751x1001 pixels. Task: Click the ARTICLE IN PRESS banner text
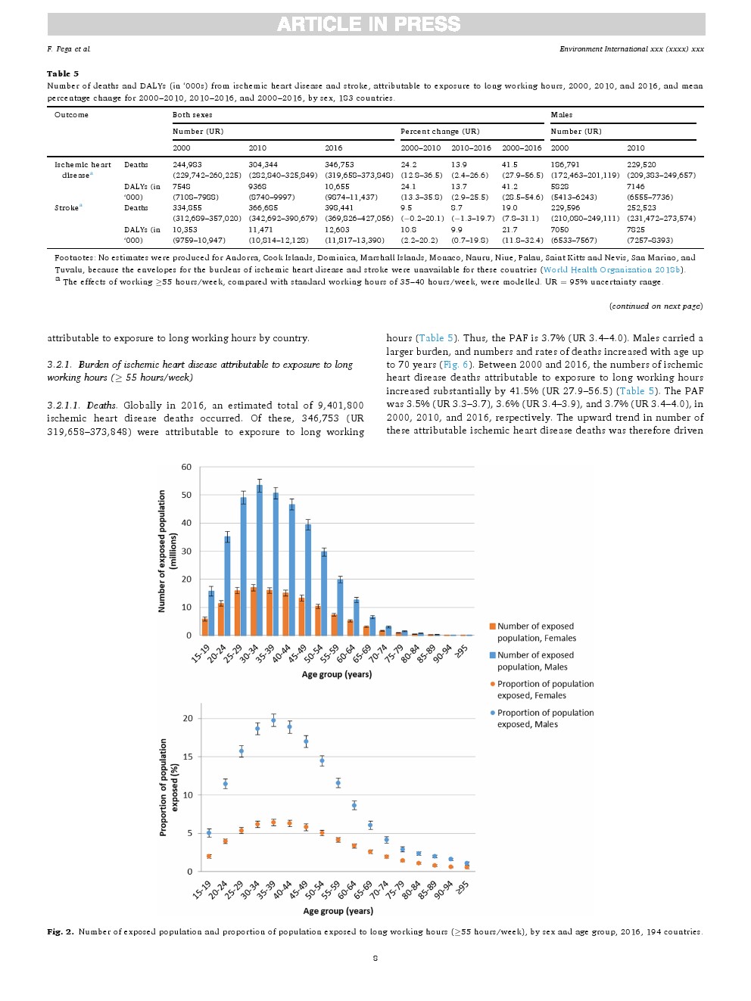click(x=369, y=24)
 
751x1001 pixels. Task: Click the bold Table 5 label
click(x=63, y=73)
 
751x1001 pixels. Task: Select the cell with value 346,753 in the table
click(x=339, y=164)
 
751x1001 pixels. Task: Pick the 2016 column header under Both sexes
click(x=333, y=148)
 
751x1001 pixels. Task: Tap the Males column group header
click(x=562, y=115)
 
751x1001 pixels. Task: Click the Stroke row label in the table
click(x=67, y=207)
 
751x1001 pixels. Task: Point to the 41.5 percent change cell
click(x=509, y=164)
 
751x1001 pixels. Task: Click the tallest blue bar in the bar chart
click(x=260, y=560)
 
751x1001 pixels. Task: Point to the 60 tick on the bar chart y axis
click(x=186, y=467)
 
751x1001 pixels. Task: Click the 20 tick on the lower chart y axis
click(x=188, y=718)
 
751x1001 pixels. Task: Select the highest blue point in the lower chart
click(x=273, y=720)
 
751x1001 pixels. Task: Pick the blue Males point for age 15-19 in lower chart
click(x=209, y=833)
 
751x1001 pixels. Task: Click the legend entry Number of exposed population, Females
click(x=535, y=632)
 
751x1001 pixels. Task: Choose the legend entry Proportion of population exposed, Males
click(x=545, y=718)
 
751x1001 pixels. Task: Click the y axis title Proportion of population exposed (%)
click(x=168, y=788)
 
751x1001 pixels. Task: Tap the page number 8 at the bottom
click(x=375, y=958)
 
